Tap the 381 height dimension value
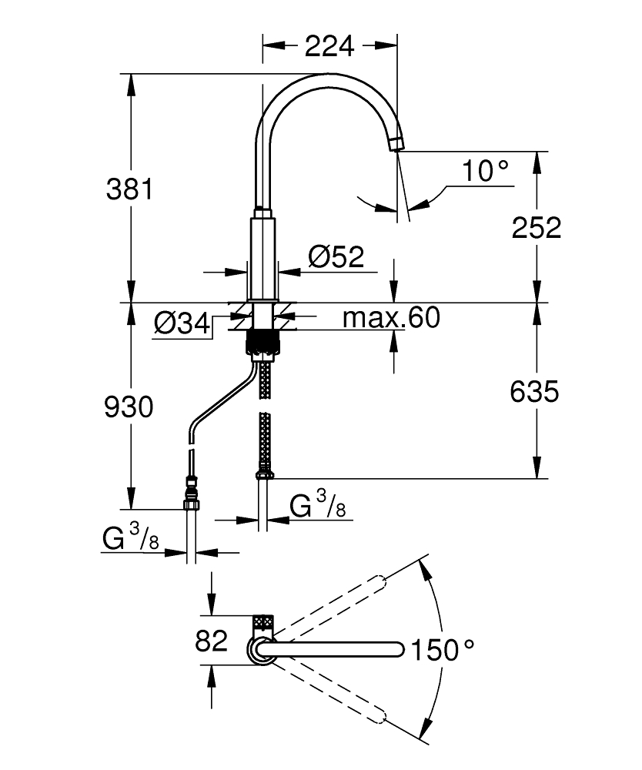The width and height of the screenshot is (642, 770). pos(129,189)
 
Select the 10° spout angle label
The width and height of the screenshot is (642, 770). pos(486,171)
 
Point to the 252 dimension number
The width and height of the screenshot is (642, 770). pos(537,227)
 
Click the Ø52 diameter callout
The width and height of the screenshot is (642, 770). pos(336,256)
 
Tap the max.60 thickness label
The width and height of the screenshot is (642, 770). pos(391,316)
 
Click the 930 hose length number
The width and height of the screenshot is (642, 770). pos(129,407)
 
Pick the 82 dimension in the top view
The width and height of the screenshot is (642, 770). pos(211,641)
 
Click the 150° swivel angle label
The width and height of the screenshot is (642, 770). pos(442,649)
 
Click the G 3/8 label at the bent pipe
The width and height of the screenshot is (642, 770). pos(131,540)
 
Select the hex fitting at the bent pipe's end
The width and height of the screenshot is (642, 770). pos(192,503)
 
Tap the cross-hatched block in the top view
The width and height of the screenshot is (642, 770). pos(263,623)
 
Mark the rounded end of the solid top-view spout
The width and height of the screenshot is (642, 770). pos(398,649)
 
